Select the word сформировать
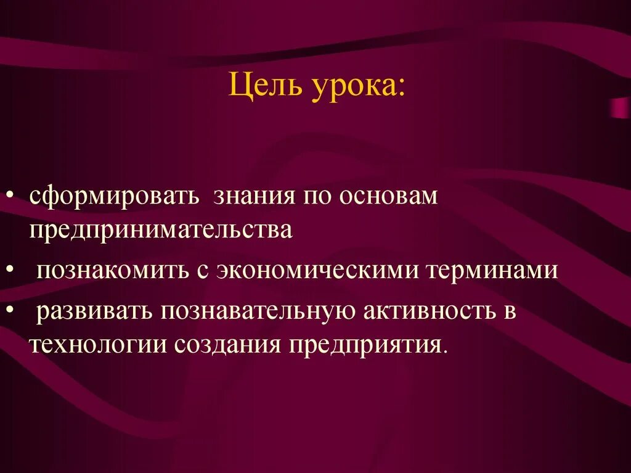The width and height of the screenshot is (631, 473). [x=114, y=197]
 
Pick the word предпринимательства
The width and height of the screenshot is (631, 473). [x=160, y=230]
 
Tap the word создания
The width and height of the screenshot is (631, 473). [x=227, y=343]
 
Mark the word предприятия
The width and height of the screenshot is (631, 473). [x=370, y=343]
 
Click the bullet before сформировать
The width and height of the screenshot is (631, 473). [x=12, y=197]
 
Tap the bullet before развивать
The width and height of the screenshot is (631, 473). [x=12, y=311]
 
